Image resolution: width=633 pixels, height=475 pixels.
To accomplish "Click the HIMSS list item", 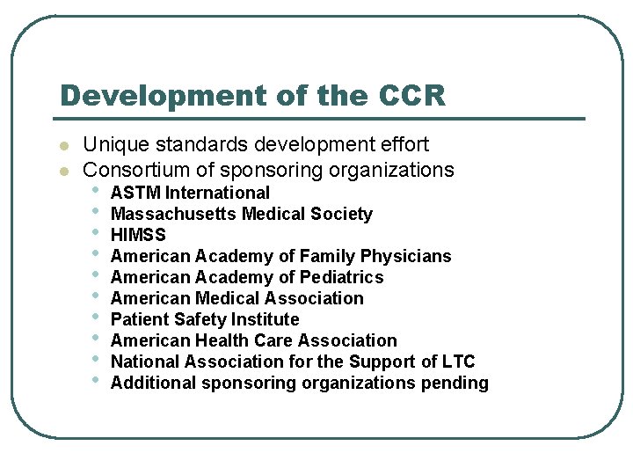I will coord(138,235).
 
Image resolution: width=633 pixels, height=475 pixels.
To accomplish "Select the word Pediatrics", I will coord(342,277).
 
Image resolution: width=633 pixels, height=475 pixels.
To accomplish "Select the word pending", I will coord(453,383).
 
